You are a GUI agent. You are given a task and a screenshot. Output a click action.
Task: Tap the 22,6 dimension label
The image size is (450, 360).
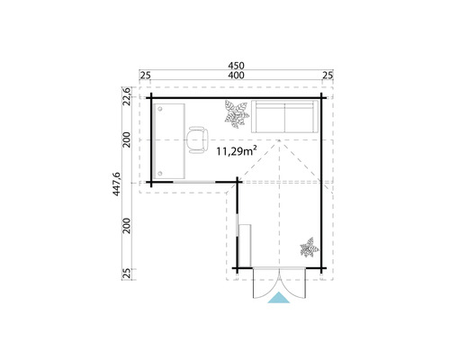pyautogui.click(x=129, y=96)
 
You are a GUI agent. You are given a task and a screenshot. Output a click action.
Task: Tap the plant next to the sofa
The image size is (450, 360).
pyautogui.click(x=236, y=114)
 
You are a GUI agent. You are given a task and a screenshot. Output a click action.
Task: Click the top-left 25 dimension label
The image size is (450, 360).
pyautogui.click(x=145, y=75)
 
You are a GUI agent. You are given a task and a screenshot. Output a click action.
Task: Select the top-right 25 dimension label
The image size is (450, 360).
pyautogui.click(x=327, y=75)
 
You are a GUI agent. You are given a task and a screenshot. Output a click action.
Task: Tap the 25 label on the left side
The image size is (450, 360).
pyautogui.click(x=129, y=272)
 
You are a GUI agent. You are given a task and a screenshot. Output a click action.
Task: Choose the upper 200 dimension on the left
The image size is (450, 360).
pyautogui.click(x=129, y=139)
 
